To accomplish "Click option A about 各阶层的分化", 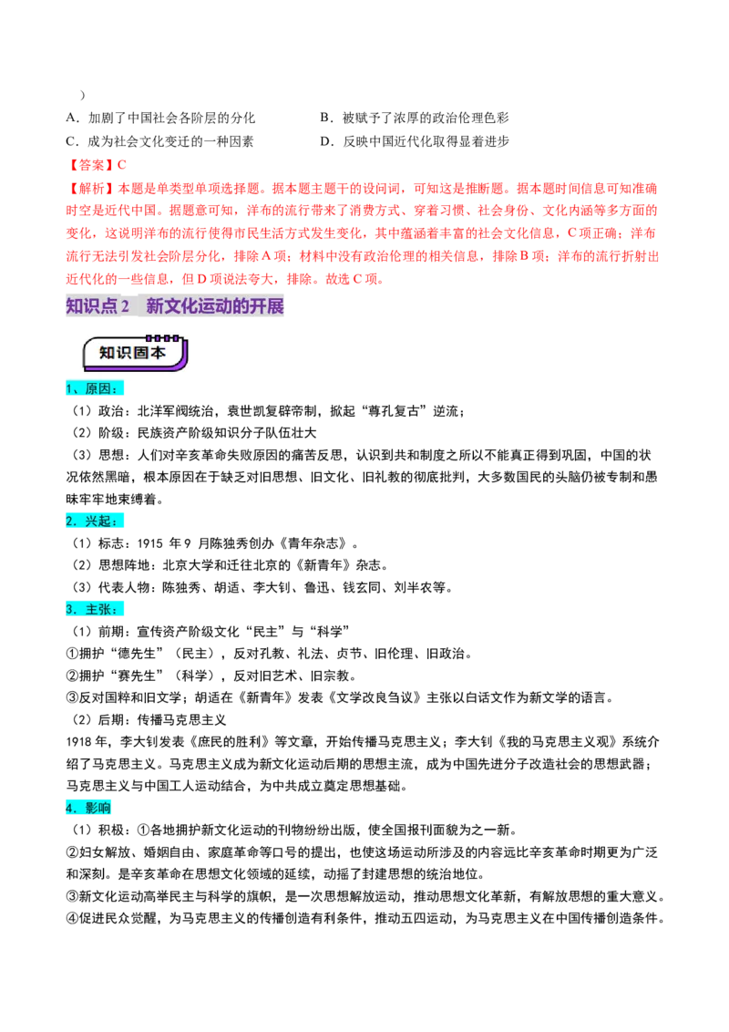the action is (160, 118).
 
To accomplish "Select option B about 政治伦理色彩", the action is (415, 118).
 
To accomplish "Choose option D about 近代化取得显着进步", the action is (415, 141).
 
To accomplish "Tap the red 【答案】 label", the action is (91, 165).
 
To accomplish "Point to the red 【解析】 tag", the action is (91, 189).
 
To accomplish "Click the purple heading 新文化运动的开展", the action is (214, 306).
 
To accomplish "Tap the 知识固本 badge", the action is (135, 354).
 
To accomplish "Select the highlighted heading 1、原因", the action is (95, 388).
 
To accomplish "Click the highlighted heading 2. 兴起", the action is (95, 521).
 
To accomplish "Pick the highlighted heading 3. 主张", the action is (95, 610).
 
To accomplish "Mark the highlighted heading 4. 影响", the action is (88, 809).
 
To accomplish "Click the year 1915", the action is (150, 543).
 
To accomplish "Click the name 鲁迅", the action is (317, 588).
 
